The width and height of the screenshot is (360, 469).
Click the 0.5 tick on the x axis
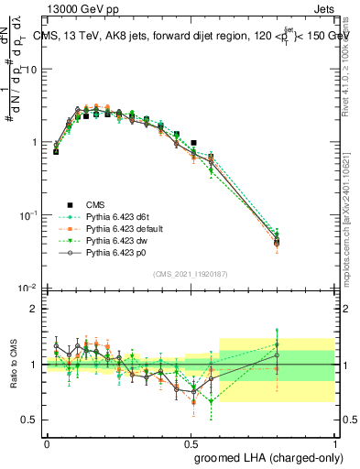(191, 443)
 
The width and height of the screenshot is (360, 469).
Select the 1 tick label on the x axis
(335, 443)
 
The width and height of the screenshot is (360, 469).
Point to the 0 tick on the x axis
(47, 443)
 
